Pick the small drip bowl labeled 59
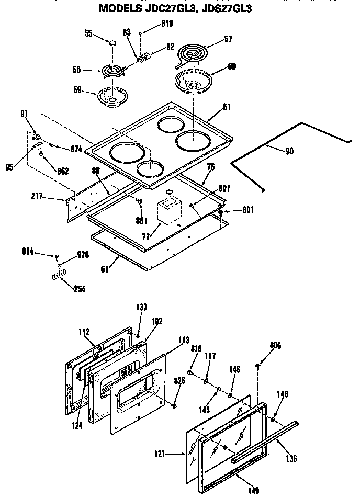pyautogui.click(x=111, y=97)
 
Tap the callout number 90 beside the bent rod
pyautogui.click(x=289, y=151)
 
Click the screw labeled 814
pyautogui.click(x=56, y=256)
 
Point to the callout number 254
pyautogui.click(x=80, y=289)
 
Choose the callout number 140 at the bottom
pyautogui.click(x=253, y=490)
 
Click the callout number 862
pyautogui.click(x=63, y=171)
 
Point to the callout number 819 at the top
pyautogui.click(x=166, y=24)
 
